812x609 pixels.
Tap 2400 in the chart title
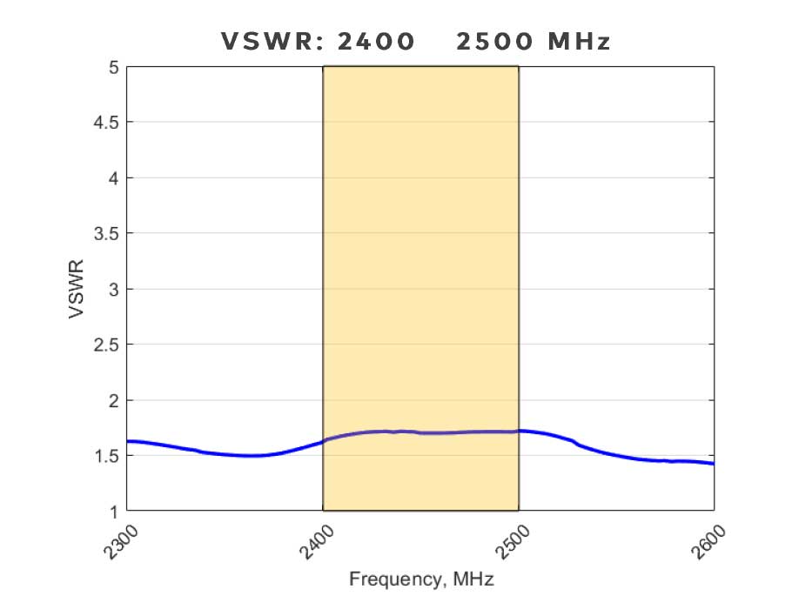click(379, 42)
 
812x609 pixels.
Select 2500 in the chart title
click(493, 42)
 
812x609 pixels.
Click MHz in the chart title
click(579, 42)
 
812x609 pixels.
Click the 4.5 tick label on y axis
click(107, 123)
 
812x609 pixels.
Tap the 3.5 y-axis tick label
click(107, 233)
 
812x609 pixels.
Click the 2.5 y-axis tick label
click(107, 345)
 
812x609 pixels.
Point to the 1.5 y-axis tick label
click(107, 455)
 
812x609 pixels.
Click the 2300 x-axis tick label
click(114, 539)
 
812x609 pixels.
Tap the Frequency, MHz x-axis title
click(420, 579)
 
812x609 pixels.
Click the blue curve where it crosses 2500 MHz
click(519, 431)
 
